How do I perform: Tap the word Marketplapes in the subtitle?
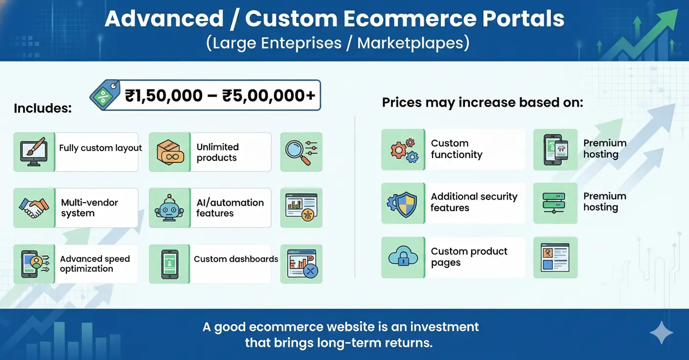(x=413, y=43)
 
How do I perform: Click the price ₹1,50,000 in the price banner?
(x=164, y=95)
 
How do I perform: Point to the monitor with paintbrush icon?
(x=33, y=152)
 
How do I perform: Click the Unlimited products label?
(x=217, y=152)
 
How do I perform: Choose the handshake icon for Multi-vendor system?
(x=33, y=207)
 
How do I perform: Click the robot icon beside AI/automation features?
(x=169, y=208)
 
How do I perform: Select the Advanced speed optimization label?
(x=94, y=264)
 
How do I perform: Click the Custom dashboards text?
(x=236, y=259)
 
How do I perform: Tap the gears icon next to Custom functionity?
(x=403, y=150)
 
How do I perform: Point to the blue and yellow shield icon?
(x=403, y=203)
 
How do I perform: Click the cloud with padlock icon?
(x=403, y=257)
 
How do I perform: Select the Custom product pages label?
(x=469, y=257)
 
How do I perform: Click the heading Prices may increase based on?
(x=482, y=103)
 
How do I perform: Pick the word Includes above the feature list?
(x=43, y=108)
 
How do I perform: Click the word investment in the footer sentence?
(x=444, y=327)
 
